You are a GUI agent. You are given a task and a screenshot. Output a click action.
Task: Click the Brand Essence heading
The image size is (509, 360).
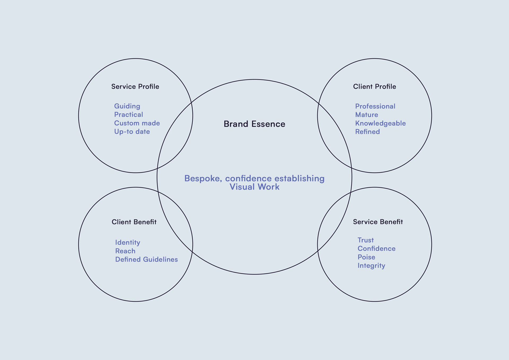(254, 124)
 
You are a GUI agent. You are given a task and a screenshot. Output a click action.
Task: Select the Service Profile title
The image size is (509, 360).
(135, 86)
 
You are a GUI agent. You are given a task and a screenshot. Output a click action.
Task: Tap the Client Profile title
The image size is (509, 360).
(374, 86)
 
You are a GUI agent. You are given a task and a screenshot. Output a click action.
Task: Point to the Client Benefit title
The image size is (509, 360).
(134, 222)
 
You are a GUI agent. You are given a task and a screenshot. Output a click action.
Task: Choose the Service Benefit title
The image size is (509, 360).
(378, 222)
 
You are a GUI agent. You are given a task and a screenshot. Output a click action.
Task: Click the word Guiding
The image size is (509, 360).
(127, 106)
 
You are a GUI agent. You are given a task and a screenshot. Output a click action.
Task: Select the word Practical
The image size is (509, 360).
(128, 115)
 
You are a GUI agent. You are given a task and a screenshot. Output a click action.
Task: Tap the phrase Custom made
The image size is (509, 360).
(137, 123)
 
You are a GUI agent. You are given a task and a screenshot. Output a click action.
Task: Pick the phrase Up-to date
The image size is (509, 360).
(132, 131)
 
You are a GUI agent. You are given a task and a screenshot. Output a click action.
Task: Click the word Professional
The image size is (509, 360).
(375, 106)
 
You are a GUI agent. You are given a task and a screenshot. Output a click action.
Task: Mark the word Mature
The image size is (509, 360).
(366, 115)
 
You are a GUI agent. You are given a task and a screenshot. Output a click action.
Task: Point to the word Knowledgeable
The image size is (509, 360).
(380, 123)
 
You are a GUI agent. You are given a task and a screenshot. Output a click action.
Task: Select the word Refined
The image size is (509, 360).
(367, 132)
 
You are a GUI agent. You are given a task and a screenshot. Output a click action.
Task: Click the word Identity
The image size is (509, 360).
(128, 243)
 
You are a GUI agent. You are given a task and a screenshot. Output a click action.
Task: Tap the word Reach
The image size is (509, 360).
(125, 251)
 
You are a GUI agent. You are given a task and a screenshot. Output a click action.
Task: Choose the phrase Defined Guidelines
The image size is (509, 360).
(146, 260)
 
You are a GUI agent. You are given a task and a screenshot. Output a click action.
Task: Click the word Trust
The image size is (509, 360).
(365, 240)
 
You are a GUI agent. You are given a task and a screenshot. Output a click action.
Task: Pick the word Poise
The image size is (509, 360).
(366, 257)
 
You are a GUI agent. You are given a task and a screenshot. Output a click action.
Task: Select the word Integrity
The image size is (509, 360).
(371, 266)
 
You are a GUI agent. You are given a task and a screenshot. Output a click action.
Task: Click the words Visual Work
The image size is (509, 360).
(254, 187)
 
